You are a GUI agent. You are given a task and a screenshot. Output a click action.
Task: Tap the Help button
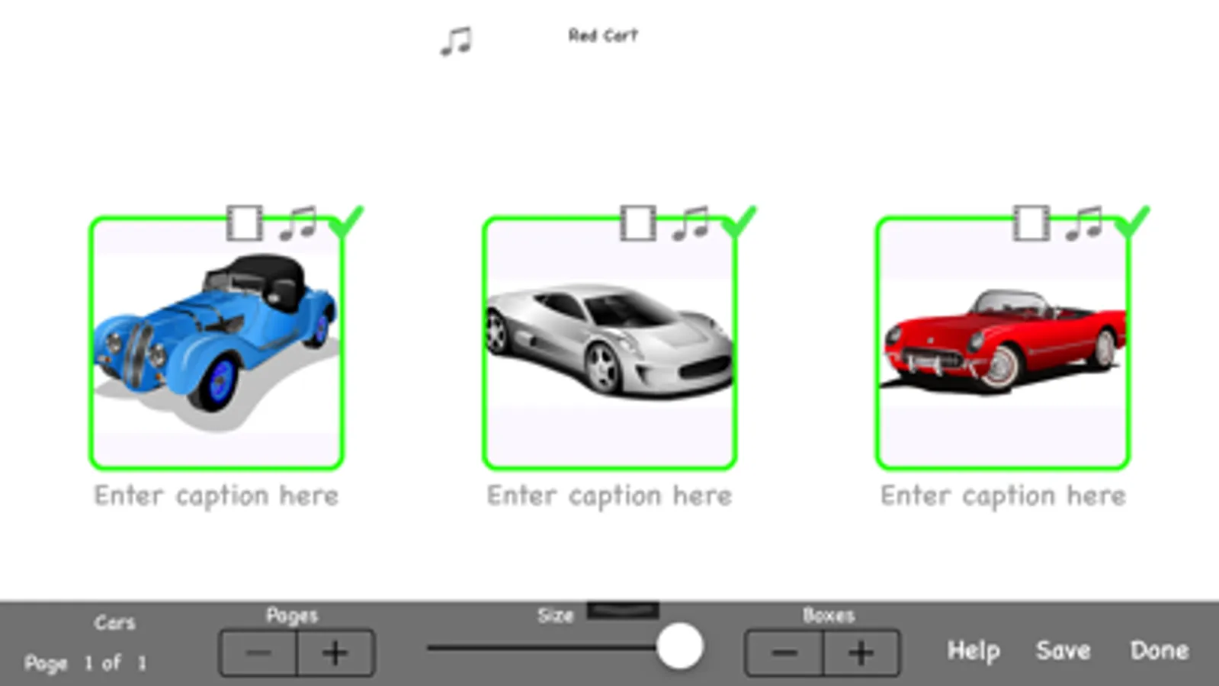(x=974, y=651)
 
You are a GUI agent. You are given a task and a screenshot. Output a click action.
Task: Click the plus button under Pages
(x=335, y=652)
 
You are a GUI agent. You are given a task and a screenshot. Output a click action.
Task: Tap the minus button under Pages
(x=258, y=652)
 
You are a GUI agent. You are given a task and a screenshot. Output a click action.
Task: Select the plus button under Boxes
(x=861, y=652)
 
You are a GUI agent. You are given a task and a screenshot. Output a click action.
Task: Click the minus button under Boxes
(x=784, y=652)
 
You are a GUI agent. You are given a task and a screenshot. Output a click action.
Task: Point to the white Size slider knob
(x=680, y=647)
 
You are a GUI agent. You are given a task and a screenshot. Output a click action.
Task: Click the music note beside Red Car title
(x=456, y=41)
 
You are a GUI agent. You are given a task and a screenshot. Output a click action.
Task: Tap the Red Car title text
(x=603, y=36)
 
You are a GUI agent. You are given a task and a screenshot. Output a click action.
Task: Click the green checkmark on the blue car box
(x=346, y=222)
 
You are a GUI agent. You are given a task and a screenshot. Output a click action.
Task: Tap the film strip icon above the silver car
(x=638, y=223)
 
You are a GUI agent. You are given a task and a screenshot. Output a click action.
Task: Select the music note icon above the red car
(x=1083, y=223)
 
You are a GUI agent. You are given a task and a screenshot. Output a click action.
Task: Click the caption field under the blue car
(x=217, y=496)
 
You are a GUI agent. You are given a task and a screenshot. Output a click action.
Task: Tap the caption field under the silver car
(x=610, y=496)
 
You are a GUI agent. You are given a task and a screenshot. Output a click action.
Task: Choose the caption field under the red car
(x=1003, y=496)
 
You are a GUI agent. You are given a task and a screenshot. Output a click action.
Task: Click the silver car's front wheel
(x=602, y=367)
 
